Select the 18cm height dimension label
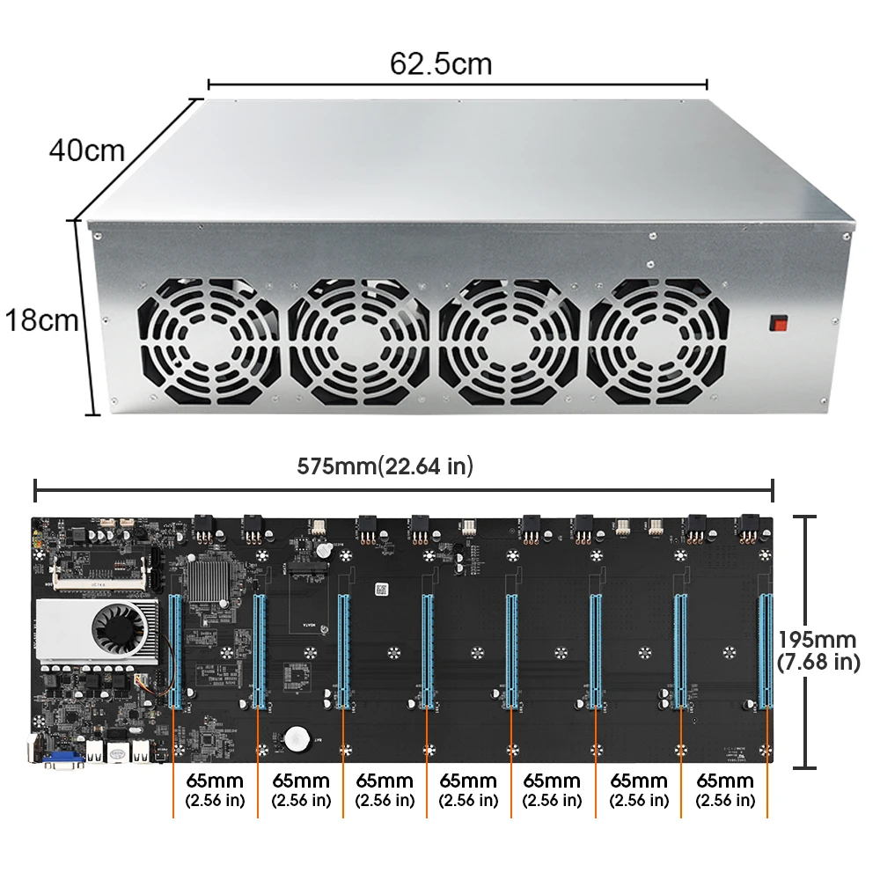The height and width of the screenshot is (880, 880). [41, 319]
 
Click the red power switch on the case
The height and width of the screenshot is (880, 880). [779, 322]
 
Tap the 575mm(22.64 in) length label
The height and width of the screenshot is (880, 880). [385, 466]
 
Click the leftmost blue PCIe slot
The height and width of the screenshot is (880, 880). [173, 650]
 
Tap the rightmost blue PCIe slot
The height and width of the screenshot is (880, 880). [765, 650]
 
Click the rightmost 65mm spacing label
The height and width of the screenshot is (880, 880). [725, 789]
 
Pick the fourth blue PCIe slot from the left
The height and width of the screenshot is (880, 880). [427, 650]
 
